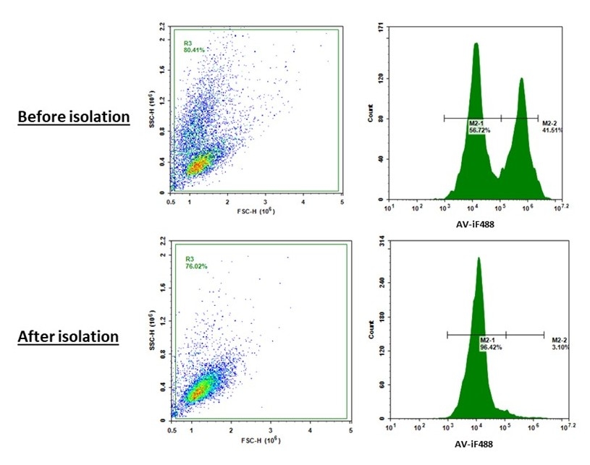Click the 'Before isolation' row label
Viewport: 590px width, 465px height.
(73, 117)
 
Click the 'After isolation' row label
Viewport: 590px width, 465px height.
(69, 336)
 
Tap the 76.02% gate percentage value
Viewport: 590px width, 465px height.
(195, 266)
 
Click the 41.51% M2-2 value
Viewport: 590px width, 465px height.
(552, 130)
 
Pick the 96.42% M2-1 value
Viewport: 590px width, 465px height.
(490, 347)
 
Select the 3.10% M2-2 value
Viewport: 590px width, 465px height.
(560, 347)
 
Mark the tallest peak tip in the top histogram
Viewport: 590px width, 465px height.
(476, 43)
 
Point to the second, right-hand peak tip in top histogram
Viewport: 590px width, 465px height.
(521, 79)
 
